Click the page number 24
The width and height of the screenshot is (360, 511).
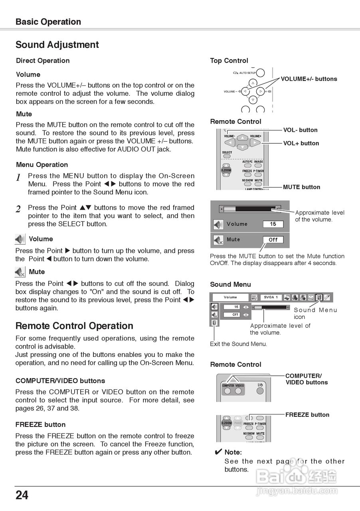pos(22,495)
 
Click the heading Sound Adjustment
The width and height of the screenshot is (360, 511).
pos(57,45)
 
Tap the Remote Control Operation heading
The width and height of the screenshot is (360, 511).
pos(74,326)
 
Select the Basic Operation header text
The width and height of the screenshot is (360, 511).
pos(48,22)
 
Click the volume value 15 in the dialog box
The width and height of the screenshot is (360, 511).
pos(273,224)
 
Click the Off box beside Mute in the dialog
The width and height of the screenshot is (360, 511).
pos(273,240)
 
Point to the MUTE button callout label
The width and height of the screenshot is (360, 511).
pos(301,187)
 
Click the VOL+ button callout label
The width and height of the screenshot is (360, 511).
pos(301,143)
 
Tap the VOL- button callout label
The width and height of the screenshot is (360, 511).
pos(300,130)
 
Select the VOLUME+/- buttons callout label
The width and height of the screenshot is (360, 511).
pos(309,79)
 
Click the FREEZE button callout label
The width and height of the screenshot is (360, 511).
pos(307,415)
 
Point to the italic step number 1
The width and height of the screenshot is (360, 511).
pos(18,178)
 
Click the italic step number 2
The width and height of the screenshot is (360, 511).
pos(18,209)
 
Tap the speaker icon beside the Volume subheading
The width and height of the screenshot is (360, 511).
pos(20,239)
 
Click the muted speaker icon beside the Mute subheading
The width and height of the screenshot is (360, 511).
pos(20,272)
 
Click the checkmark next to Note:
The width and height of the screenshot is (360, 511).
pos(218,452)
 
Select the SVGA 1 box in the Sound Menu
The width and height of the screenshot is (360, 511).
pos(271,297)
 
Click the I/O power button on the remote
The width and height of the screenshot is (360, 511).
pos(260,385)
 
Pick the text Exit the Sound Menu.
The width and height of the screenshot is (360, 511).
pos(238,344)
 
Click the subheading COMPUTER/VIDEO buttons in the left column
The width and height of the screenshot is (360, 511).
pos(60,381)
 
